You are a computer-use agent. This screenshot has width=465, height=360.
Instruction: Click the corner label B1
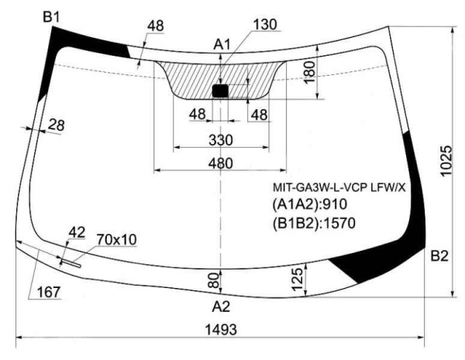coord(51,17)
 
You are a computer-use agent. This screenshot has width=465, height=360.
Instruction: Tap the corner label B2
coord(439,255)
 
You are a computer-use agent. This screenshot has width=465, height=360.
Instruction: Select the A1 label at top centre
coord(222,45)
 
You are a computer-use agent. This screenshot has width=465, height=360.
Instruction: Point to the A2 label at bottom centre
coord(221,307)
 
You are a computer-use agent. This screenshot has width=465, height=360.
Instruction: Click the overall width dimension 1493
coord(221,330)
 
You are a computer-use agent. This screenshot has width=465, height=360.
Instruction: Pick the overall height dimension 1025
coord(446,161)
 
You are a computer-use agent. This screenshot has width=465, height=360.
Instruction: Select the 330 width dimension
coord(221,140)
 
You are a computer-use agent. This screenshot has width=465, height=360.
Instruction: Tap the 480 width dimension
coord(221,163)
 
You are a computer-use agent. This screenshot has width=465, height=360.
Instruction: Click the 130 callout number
coord(265,25)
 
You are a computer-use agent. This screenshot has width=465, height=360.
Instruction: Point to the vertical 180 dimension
coord(309,73)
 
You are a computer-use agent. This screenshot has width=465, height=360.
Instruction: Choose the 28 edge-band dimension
coord(56,125)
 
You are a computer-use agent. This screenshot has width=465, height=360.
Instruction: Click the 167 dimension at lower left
coord(49,292)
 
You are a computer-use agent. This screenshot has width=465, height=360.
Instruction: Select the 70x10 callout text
coord(116,240)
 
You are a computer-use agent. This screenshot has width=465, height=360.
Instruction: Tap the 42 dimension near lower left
coord(77,232)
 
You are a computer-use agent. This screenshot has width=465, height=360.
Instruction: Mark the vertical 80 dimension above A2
coord(215,280)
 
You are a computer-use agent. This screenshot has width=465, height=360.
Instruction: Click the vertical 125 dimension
coord(298,279)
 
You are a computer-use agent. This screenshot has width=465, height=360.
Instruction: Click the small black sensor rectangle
coord(220,91)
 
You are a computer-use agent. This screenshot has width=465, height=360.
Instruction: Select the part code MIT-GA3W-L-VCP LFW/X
coord(339,187)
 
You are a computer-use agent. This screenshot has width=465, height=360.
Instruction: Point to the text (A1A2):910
coord(309,204)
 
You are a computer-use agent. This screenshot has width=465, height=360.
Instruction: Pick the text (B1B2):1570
coord(314,223)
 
